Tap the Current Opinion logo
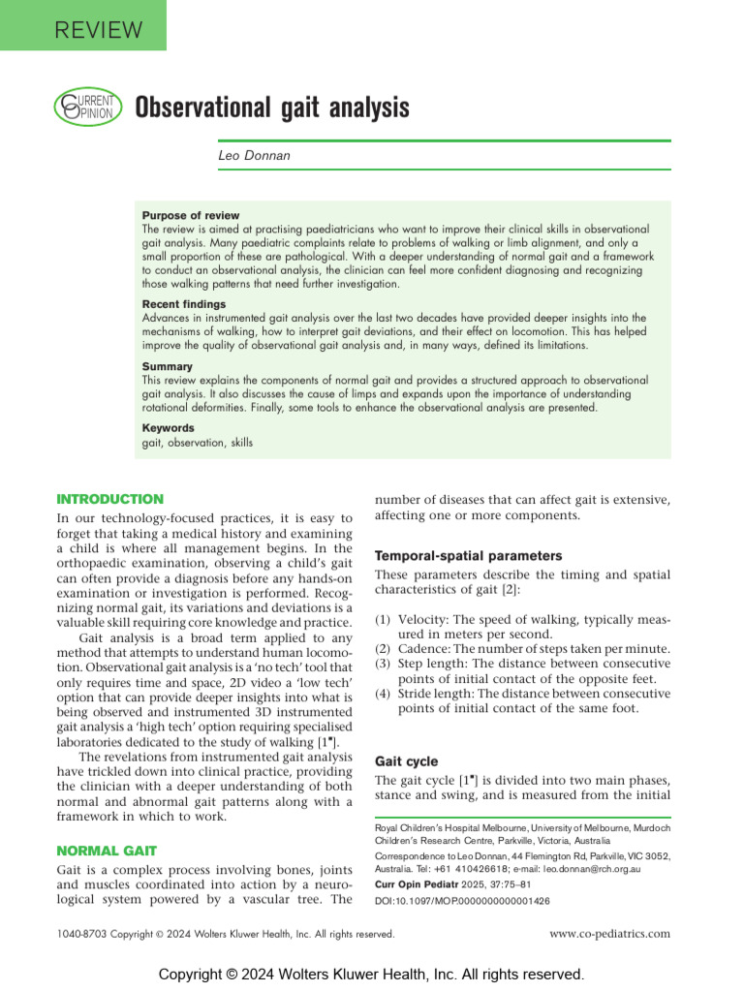(x=86, y=106)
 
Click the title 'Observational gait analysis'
(x=271, y=107)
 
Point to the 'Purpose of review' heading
(x=191, y=215)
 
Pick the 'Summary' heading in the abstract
(x=168, y=367)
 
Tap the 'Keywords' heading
(x=169, y=428)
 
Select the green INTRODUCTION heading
(x=110, y=499)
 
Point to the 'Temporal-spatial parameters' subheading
(x=468, y=556)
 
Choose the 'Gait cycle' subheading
(x=406, y=761)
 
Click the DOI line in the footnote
(x=462, y=900)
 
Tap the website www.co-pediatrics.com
(x=609, y=934)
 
